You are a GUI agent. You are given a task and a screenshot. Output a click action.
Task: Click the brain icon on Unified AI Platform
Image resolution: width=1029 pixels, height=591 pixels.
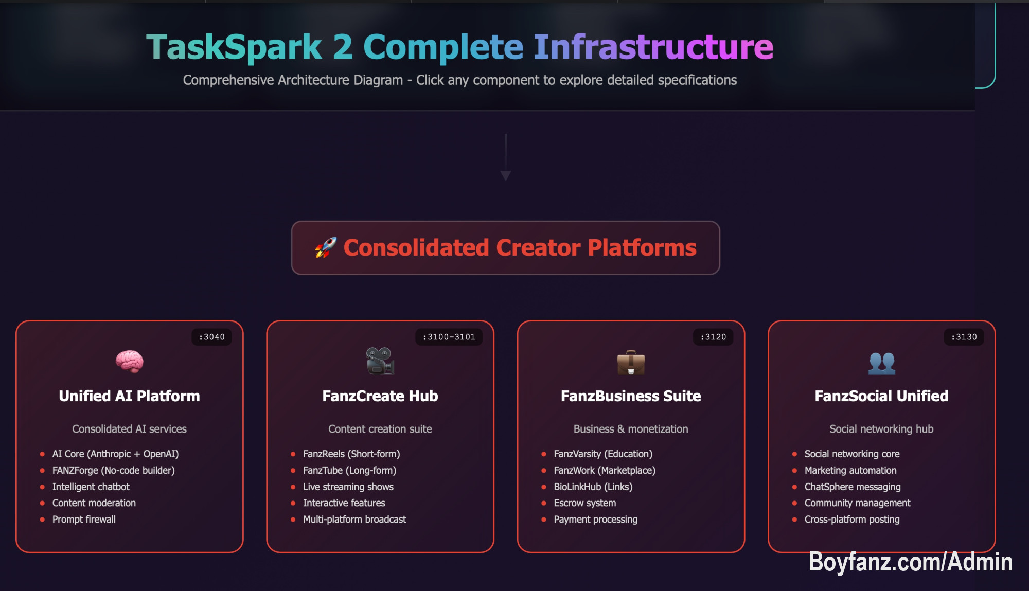(x=129, y=361)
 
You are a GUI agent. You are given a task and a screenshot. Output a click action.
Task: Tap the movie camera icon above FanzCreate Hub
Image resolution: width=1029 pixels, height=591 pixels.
(x=380, y=361)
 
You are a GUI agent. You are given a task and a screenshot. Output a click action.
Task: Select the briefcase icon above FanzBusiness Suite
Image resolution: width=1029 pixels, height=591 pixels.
(x=631, y=363)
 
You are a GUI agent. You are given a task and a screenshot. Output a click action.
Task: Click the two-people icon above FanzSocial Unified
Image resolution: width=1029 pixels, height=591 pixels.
(x=881, y=363)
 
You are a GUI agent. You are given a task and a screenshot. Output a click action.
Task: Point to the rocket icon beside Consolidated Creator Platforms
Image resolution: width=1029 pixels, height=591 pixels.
(x=326, y=248)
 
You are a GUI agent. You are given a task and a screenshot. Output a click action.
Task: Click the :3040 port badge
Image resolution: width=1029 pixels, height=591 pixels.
(x=211, y=337)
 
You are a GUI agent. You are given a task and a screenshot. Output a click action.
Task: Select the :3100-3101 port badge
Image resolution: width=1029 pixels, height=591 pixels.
(x=449, y=337)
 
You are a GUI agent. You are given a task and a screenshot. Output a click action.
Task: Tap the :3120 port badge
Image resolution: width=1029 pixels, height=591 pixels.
(x=713, y=337)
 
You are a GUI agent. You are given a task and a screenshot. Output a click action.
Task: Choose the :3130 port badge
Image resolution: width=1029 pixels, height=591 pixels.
(x=964, y=337)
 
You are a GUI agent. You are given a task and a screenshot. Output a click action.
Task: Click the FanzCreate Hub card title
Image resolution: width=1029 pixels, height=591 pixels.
(x=380, y=396)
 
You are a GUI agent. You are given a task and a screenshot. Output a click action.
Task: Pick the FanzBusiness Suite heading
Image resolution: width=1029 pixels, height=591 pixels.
(x=631, y=396)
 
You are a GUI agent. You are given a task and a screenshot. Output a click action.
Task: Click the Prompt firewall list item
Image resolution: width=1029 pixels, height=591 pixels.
(x=84, y=520)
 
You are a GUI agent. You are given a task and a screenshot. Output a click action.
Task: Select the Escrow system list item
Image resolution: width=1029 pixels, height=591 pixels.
(x=584, y=503)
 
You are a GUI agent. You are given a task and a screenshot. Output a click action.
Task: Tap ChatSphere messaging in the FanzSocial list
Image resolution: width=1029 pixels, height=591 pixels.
(x=852, y=487)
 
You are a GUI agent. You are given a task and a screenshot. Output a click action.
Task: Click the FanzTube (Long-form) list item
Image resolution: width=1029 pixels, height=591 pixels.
(x=349, y=470)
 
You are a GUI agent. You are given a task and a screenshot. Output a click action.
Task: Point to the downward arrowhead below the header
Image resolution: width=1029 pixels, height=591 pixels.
(x=506, y=176)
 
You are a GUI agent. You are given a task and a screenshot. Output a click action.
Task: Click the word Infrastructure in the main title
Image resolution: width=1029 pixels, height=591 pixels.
(x=653, y=47)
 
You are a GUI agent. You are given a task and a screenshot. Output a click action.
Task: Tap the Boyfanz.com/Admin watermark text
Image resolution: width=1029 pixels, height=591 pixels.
(x=910, y=562)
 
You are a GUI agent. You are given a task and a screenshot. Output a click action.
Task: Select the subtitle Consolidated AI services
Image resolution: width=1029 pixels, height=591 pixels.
(x=129, y=429)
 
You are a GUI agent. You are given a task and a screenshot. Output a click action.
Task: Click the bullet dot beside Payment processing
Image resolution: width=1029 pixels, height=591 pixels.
(x=543, y=520)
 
